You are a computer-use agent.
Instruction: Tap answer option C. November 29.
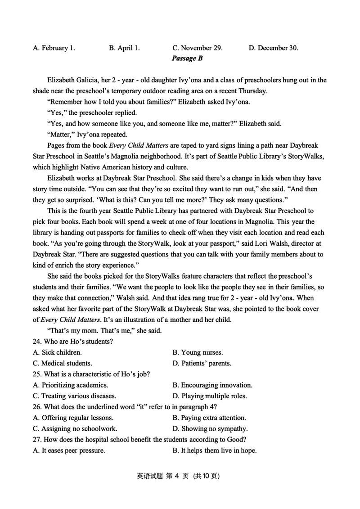coord(197,48)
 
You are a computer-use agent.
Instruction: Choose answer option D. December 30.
coord(273,48)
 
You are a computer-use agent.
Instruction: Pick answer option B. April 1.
coord(124,48)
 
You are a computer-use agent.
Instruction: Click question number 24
coord(37,342)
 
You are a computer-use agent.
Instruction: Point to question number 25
coord(37,374)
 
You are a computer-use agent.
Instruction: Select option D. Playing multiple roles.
coord(210,396)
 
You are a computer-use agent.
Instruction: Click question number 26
coord(37,407)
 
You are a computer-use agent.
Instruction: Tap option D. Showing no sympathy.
coord(210,428)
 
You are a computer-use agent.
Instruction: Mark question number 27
coord(37,439)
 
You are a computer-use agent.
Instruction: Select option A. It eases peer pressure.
coord(69,450)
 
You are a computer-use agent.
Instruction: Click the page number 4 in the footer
coord(184,475)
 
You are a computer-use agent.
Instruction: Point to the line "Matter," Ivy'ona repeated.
coord(87,135)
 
